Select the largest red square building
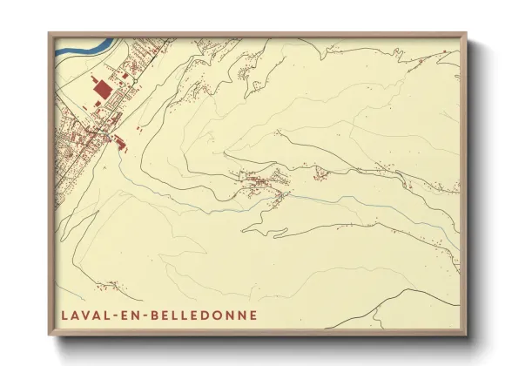point(103,88)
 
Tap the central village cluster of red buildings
point(261,182)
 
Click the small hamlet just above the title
point(110,284)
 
